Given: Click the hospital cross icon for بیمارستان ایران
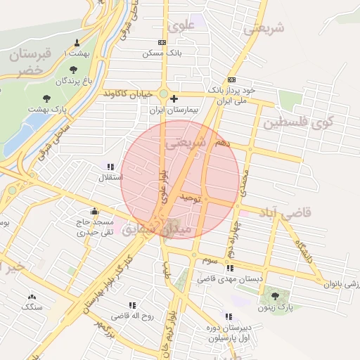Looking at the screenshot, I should pos(174,98).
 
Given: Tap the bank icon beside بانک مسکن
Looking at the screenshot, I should pos(163,42).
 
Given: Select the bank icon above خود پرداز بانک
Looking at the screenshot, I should pos(231,79).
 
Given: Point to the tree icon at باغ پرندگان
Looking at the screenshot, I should pos(73,69).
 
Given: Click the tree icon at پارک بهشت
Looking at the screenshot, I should pos(47,98).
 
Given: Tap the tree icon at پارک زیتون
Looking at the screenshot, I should pos(275,296).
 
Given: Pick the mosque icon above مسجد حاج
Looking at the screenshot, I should pos(94,211).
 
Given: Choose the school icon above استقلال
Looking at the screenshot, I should pos(110,167).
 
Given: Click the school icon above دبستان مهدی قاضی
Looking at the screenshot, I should pos(229,268).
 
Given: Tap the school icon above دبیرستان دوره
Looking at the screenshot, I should pos(228,317).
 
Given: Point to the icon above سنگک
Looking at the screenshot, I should pos(31,296).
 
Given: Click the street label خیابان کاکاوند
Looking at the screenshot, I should pos(129,93).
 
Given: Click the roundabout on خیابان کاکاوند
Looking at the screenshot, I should pos(164,94).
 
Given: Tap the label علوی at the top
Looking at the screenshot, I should pos(181,26).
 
